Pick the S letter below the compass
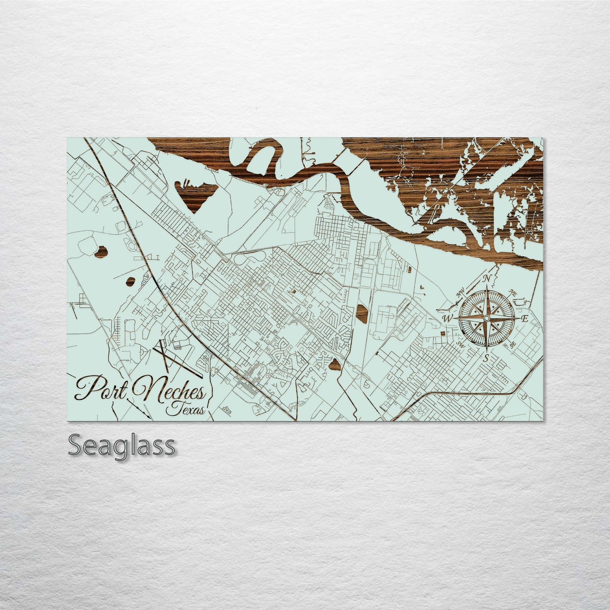pos(486,358)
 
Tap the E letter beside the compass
pos(525,319)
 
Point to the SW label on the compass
pos(460,344)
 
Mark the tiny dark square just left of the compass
pos(442,333)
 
